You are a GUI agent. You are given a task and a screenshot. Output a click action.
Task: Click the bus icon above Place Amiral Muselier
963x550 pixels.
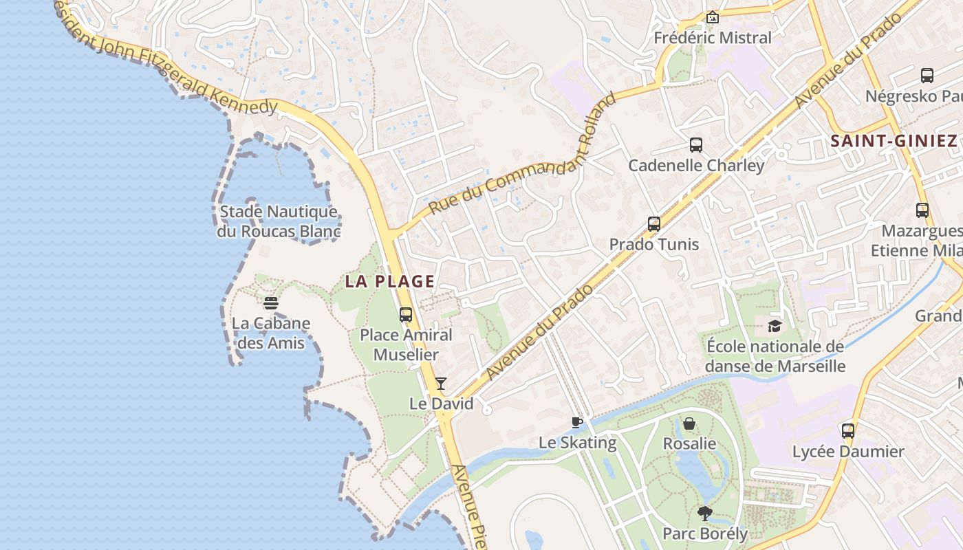(406, 315)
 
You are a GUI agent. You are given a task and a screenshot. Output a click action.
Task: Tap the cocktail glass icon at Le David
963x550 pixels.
(441, 384)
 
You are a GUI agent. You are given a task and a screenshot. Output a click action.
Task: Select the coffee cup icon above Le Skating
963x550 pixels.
(577, 422)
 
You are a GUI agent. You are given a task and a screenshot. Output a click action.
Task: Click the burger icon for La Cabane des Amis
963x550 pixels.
(271, 303)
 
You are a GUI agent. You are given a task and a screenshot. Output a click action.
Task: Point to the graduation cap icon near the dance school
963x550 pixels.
(775, 326)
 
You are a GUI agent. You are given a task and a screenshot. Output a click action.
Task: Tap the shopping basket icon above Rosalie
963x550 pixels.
(689, 423)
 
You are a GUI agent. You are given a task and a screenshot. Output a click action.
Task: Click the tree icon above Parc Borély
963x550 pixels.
(704, 513)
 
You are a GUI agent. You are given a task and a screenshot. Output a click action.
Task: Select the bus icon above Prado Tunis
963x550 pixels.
(654, 224)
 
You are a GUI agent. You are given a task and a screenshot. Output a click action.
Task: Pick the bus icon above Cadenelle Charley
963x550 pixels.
(696, 145)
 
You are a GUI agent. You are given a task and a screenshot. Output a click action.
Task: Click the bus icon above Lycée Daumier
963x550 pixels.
(848, 431)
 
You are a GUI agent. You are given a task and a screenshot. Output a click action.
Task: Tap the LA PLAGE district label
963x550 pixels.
(390, 281)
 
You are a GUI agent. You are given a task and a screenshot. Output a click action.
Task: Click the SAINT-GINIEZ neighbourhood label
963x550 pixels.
(894, 142)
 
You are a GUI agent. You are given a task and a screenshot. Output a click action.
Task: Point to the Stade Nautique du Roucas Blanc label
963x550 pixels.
(278, 221)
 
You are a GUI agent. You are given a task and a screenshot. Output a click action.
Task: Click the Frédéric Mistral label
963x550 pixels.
(713, 38)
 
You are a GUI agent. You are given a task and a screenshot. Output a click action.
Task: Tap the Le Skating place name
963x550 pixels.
(577, 442)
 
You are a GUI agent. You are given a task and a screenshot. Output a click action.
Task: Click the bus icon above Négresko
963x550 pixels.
(927, 76)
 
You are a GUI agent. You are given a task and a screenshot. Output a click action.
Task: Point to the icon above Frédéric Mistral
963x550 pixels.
(713, 17)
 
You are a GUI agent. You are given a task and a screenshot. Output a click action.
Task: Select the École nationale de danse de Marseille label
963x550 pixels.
(775, 356)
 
